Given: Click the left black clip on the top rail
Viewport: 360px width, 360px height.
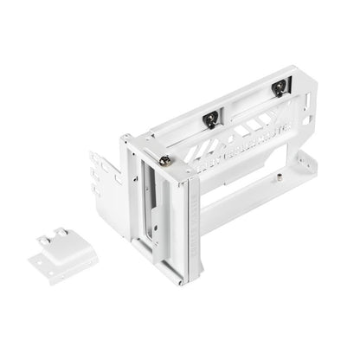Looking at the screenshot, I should click(x=210, y=119).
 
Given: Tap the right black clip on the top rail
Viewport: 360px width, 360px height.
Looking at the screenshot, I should click(x=278, y=87).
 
